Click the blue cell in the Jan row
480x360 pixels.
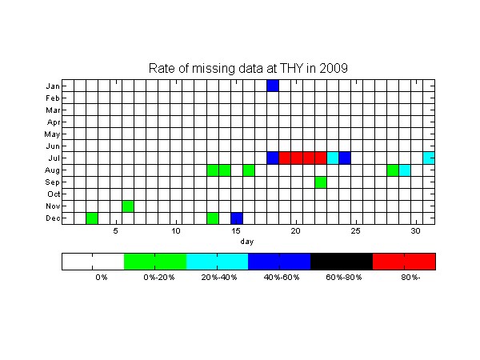click(273, 86)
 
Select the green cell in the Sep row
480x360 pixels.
click(321, 182)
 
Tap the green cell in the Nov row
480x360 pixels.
click(128, 206)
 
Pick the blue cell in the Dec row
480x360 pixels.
click(237, 218)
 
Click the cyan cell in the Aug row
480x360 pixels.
click(405, 170)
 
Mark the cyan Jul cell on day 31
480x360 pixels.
click(429, 158)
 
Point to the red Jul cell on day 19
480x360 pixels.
click(285, 158)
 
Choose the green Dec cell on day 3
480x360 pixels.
click(92, 218)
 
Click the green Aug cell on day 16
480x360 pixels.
click(249, 170)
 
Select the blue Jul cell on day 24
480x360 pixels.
click(345, 158)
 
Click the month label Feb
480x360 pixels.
click(52, 98)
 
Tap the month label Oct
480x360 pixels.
click(54, 194)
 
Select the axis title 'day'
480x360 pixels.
click(247, 242)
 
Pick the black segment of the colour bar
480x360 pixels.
click(342, 262)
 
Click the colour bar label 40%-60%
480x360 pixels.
click(282, 278)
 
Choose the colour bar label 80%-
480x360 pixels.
click(410, 278)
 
